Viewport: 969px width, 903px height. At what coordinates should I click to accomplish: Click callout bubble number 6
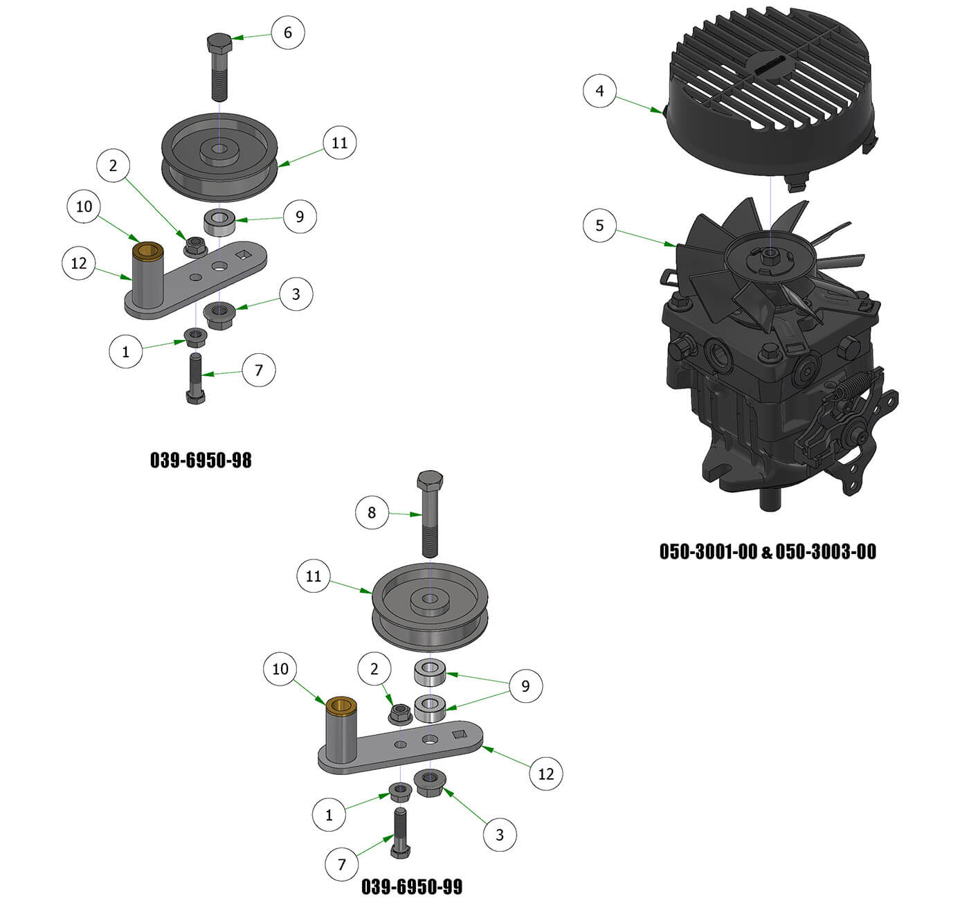click(287, 32)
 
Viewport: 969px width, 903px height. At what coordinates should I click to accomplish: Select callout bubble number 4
click(599, 91)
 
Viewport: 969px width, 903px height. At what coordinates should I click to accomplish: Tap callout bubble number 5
click(599, 225)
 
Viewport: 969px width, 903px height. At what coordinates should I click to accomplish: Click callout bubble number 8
click(372, 512)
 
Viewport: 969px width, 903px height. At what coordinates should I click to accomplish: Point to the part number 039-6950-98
click(201, 461)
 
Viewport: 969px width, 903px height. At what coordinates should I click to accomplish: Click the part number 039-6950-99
click(412, 887)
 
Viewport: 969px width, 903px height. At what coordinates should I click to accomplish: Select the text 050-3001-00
click(708, 552)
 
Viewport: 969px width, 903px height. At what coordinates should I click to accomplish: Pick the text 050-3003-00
click(826, 552)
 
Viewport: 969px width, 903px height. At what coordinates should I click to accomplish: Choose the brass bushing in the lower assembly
click(340, 705)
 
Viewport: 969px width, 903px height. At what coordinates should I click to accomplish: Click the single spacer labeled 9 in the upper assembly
click(219, 223)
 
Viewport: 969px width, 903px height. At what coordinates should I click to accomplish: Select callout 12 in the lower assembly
click(545, 774)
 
